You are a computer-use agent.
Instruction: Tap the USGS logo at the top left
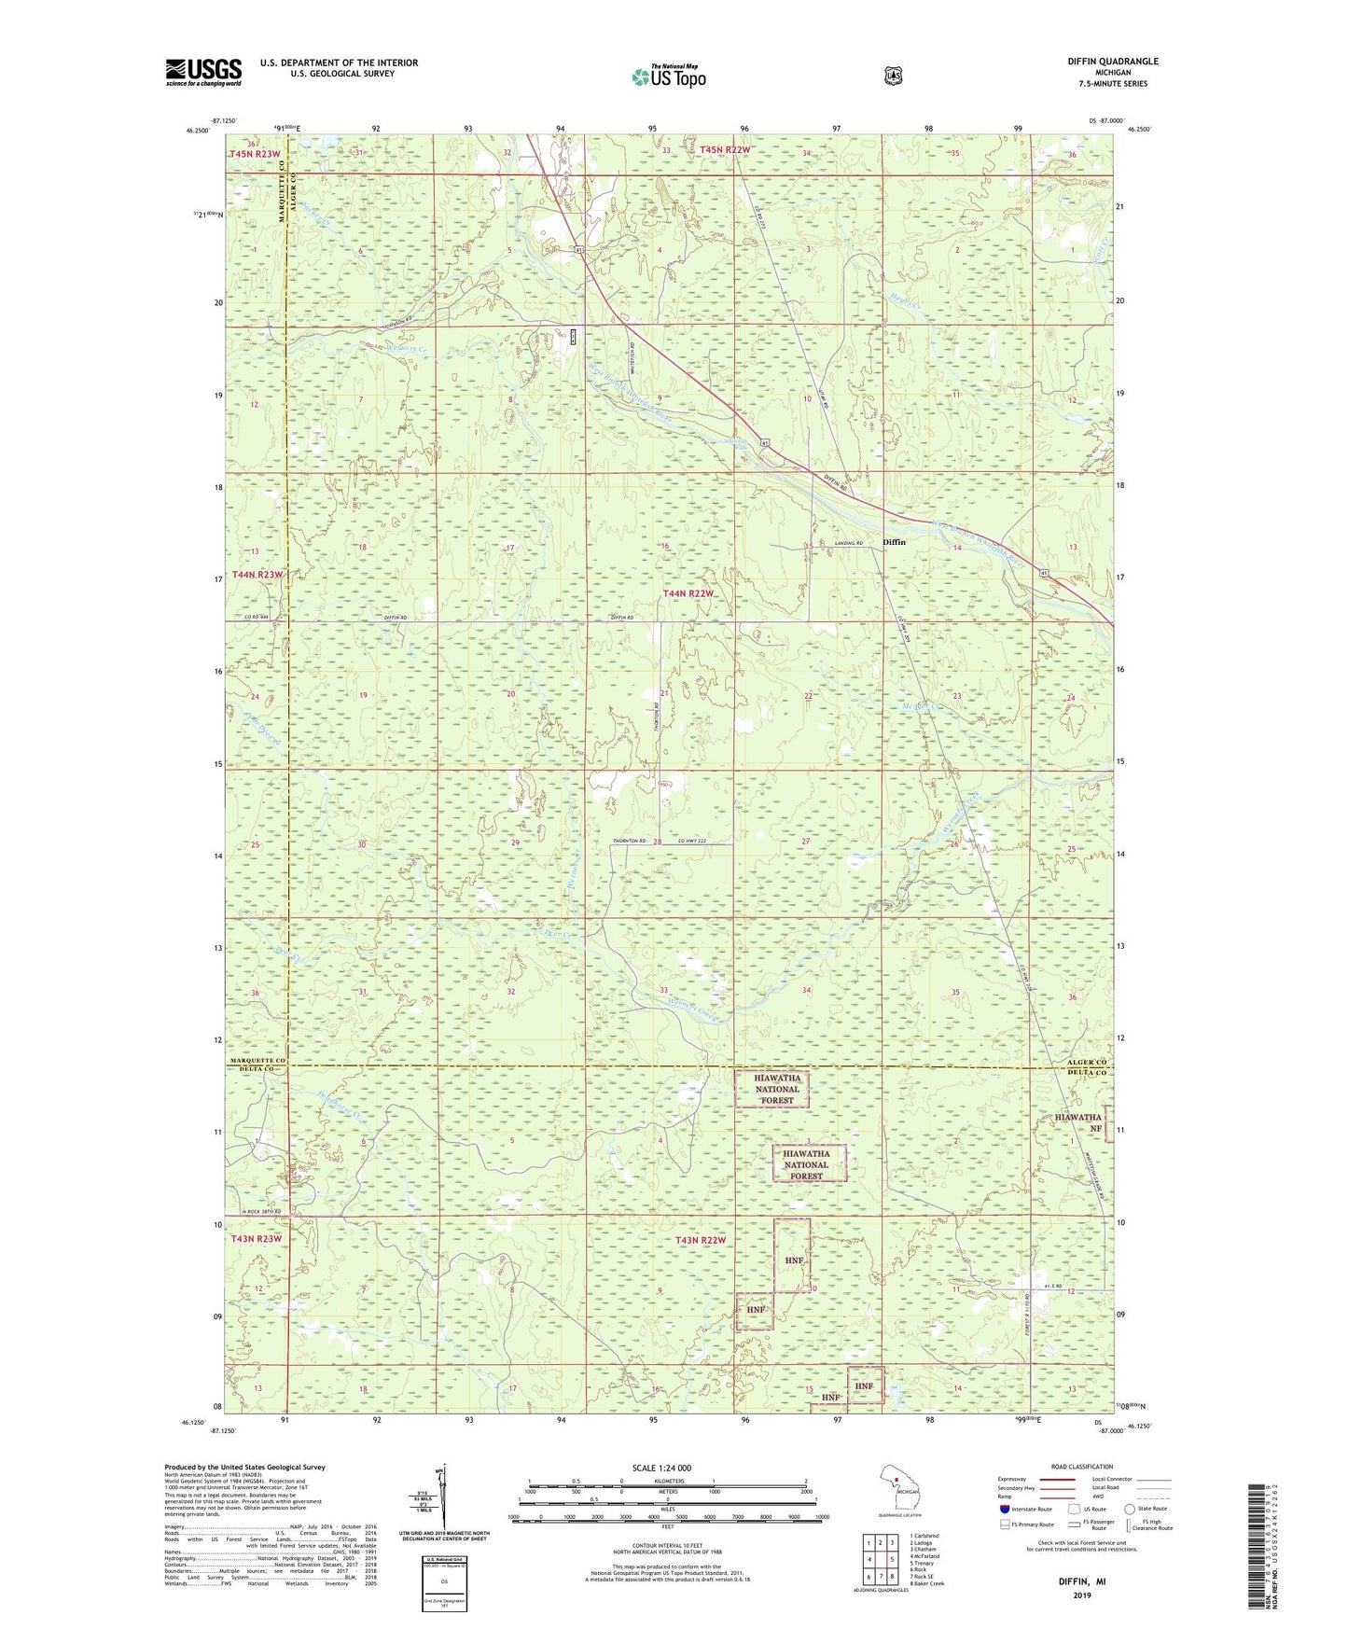[x=203, y=72]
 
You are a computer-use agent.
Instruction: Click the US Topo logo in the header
[x=669, y=77]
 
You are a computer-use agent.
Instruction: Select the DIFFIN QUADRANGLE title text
[x=1113, y=62]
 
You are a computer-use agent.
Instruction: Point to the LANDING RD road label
[x=848, y=543]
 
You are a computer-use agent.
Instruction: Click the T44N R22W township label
[x=688, y=593]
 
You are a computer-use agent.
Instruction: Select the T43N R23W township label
[x=256, y=1239]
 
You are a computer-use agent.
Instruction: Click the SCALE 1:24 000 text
[x=661, y=1468]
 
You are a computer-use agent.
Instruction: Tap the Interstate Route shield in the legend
[x=1004, y=1509]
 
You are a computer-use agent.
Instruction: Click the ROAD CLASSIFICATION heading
[x=1081, y=1467]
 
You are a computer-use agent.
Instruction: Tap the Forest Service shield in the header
[x=894, y=76]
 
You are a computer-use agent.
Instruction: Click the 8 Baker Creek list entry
[x=926, y=1583]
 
